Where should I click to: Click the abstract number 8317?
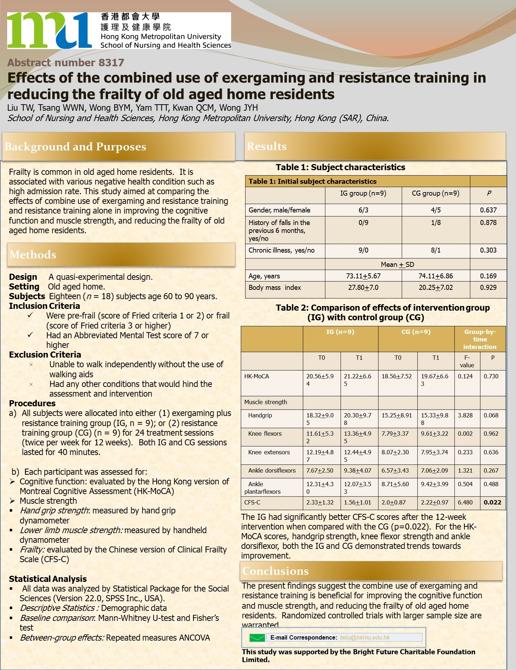pyautogui.click(x=66, y=63)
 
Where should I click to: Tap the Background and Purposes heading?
pyautogui.click(x=75, y=147)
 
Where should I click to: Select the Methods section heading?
pyautogui.click(x=33, y=255)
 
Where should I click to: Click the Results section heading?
pyautogui.click(x=267, y=146)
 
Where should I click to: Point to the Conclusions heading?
pyautogui.click(x=275, y=571)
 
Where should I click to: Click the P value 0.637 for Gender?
pyautogui.click(x=488, y=210)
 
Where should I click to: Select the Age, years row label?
pyautogui.click(x=264, y=276)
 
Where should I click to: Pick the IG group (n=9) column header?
pyautogui.click(x=363, y=193)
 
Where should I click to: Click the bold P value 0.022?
pyautogui.click(x=492, y=502)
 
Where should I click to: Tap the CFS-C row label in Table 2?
pyautogui.click(x=252, y=502)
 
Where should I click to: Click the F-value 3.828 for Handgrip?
pyautogui.click(x=465, y=415)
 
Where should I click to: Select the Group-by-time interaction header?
pyautogui.click(x=480, y=339)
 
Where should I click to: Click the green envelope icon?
pyautogui.click(x=257, y=637)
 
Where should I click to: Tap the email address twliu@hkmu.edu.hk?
pyautogui.click(x=364, y=637)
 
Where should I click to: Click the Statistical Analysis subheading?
pyautogui.click(x=48, y=579)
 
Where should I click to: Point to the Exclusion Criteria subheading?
pyautogui.click(x=45, y=355)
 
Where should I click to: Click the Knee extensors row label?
pyautogui.click(x=269, y=452)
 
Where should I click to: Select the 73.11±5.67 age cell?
pyautogui.click(x=363, y=276)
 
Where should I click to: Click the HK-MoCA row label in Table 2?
pyautogui.click(x=257, y=376)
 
